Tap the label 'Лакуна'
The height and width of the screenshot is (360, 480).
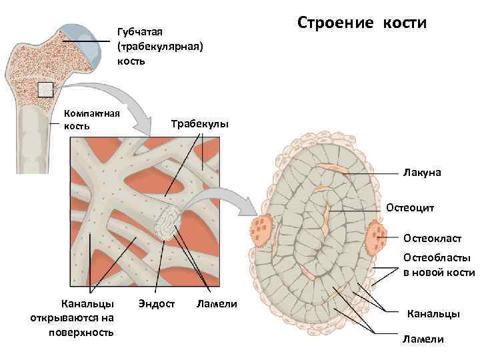pos(421,173)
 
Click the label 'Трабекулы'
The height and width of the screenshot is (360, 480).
pos(200,124)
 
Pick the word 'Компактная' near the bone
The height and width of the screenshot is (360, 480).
pos(91,112)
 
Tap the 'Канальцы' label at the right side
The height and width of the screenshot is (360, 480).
pos(433,313)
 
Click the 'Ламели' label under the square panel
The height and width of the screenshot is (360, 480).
pos(217,304)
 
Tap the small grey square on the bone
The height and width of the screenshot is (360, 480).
pos(45,89)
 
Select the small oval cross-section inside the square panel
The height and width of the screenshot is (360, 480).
pos(169,223)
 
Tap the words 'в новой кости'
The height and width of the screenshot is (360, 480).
pos(439,272)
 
